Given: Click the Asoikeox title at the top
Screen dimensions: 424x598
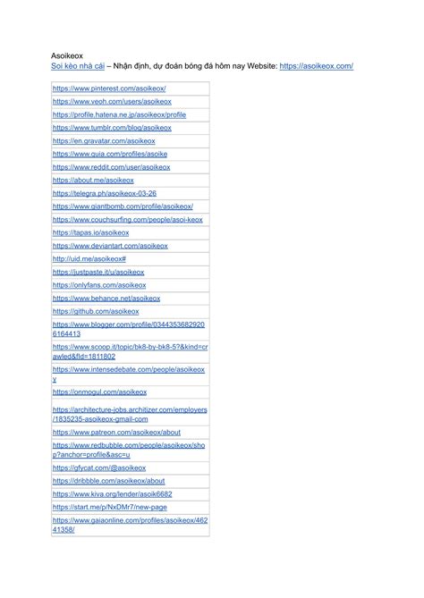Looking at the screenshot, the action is pos(66,55).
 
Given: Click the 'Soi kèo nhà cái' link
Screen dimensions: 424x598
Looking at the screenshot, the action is pos(78,66).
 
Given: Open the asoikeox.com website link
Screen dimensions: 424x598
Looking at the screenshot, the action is pos(316,66).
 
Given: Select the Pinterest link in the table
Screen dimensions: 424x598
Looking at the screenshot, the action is pos(109,88).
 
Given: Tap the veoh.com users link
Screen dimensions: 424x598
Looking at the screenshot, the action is pos(112,102).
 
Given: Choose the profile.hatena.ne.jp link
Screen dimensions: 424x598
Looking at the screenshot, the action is pos(119,114).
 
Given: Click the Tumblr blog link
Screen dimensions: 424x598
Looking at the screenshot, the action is pos(112,128).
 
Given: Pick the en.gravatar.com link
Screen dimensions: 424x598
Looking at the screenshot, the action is pos(104,141).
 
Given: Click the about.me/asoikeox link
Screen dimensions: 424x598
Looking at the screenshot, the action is pos(93,180).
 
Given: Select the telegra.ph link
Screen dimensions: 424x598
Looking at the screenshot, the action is pos(105,193).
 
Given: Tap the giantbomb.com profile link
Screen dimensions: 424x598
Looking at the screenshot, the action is pos(123,206).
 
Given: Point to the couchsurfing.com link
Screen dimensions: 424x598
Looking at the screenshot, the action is pos(127,219).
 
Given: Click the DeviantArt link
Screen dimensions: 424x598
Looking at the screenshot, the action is pos(110,246).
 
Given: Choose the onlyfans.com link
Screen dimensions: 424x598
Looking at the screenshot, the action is pos(99,285).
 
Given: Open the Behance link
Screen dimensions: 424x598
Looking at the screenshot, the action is pos(106,299).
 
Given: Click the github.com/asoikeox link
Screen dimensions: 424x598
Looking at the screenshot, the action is pos(96,311).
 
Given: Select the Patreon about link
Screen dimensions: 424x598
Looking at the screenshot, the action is pos(116,433).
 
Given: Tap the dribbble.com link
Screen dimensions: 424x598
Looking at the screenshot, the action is pos(108,480).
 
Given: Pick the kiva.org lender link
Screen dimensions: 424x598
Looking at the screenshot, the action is pos(113,493).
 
